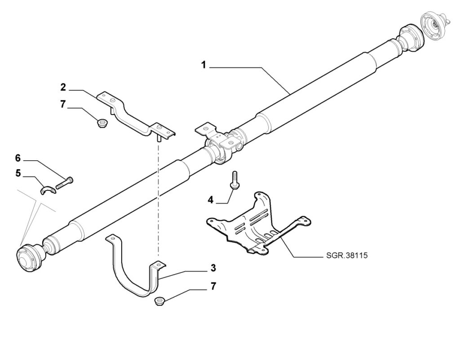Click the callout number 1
pyautogui.click(x=203, y=65)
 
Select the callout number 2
pyautogui.click(x=63, y=87)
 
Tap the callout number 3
pyautogui.click(x=213, y=268)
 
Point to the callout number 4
pyautogui.click(x=210, y=200)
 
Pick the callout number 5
pyautogui.click(x=18, y=173)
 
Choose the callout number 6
pyautogui.click(x=18, y=158)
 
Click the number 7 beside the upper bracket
pyautogui.click(x=63, y=104)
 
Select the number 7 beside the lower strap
pyautogui.click(x=213, y=286)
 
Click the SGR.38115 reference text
pyautogui.click(x=347, y=255)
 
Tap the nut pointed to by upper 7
pyautogui.click(x=102, y=123)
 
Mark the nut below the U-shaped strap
pyautogui.click(x=159, y=301)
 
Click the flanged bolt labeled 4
pyautogui.click(x=234, y=180)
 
